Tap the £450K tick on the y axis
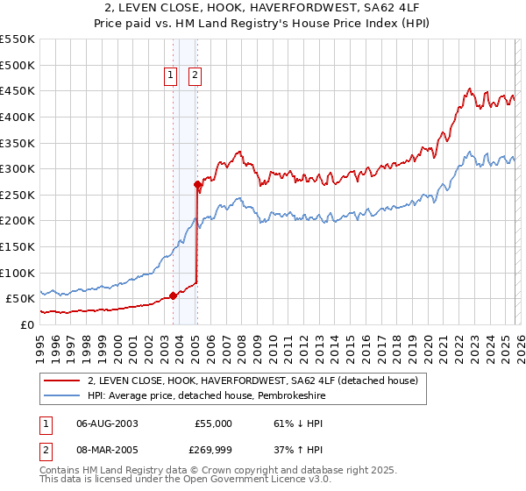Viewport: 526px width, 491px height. [x=18, y=90]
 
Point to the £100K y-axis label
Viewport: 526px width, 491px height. [x=18, y=273]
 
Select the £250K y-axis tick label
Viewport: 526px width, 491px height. [x=18, y=195]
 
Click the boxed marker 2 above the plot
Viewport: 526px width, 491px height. [x=193, y=76]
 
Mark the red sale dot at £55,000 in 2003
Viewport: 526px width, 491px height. [x=173, y=295]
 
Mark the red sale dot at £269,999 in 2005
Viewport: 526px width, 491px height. [x=197, y=184]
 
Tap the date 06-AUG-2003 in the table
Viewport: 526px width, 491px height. [x=107, y=423]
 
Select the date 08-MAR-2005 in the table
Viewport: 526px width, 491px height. [x=107, y=452]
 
